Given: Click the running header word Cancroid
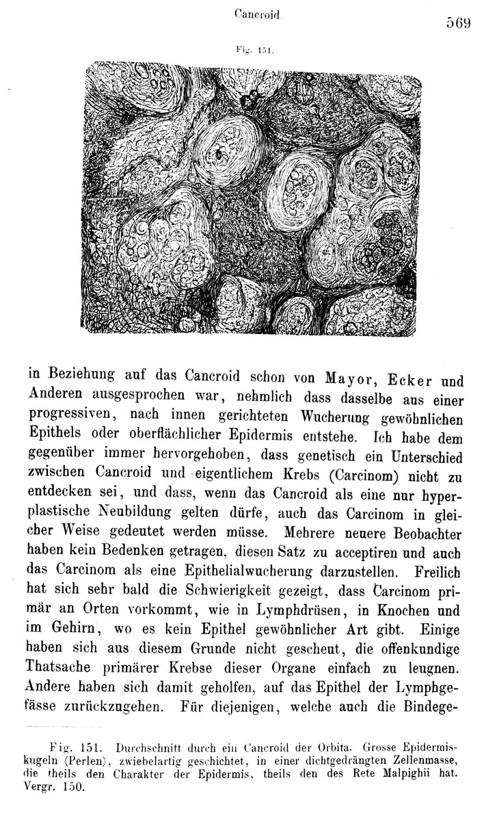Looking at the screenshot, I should pos(253,13).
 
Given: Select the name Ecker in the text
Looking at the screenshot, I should pos(407,380).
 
